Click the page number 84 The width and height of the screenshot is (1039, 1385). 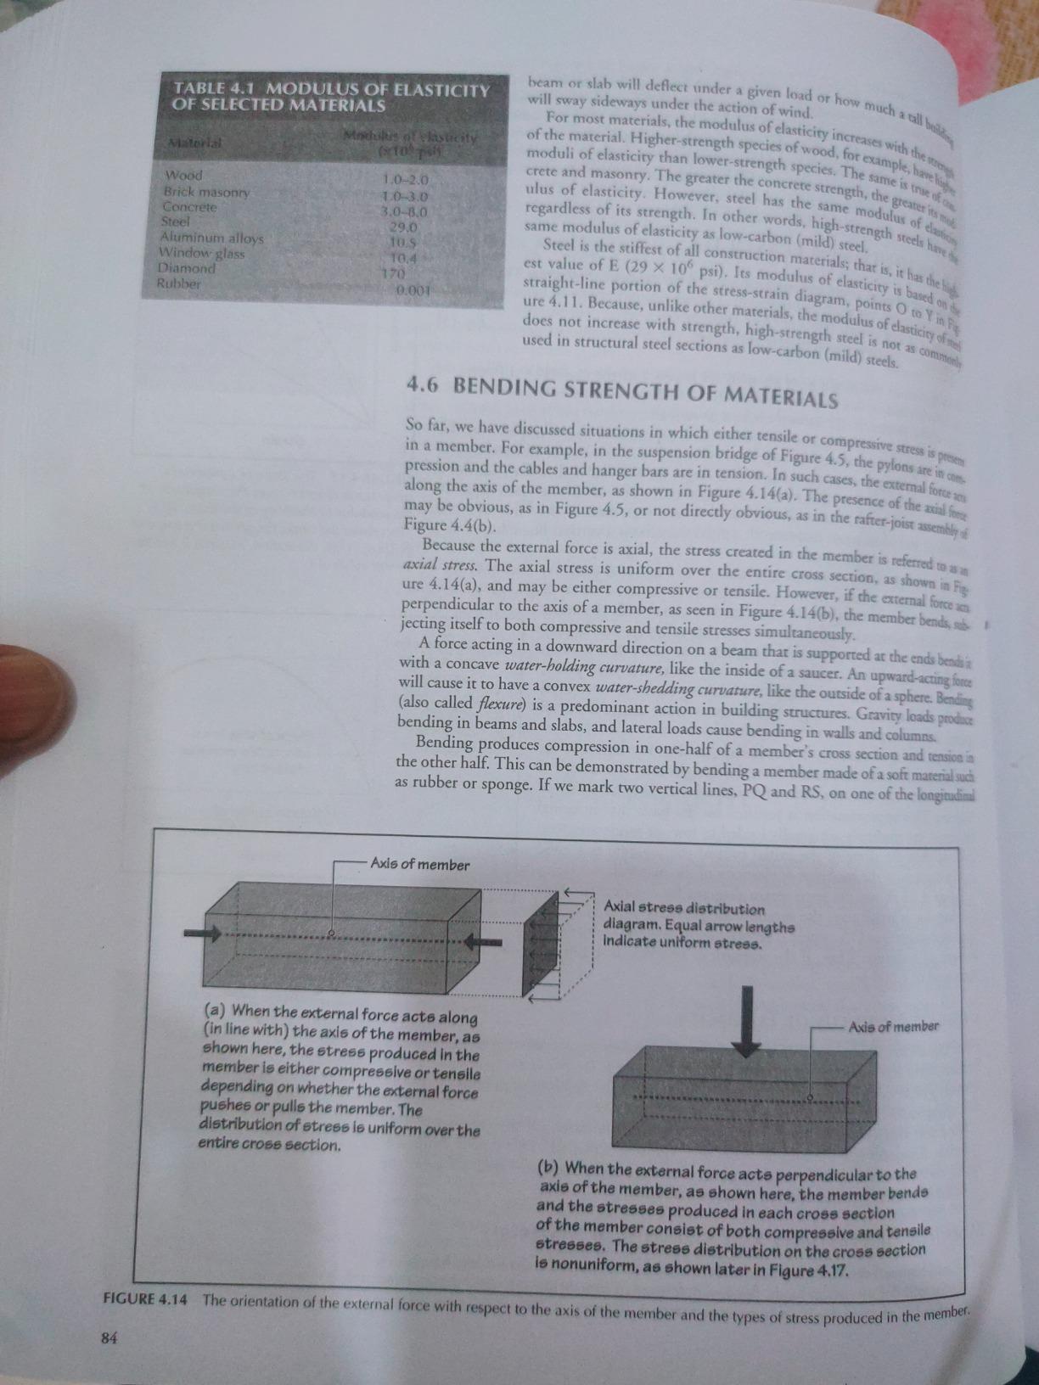109,1338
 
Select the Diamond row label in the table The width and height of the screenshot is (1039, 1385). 188,268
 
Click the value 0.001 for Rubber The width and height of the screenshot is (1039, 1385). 414,290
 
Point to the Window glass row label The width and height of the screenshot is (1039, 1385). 203,253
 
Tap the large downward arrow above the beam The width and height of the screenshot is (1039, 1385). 751,1019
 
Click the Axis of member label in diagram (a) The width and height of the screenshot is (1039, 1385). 419,865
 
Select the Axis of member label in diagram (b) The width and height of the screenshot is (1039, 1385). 893,1026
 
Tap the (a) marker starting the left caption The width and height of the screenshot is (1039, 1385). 215,1011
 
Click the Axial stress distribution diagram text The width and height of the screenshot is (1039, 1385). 684,909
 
